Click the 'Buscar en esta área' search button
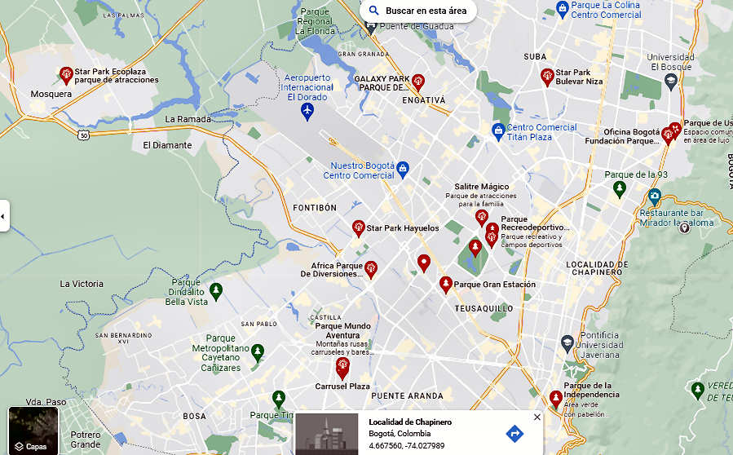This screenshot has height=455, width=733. (x=417, y=11)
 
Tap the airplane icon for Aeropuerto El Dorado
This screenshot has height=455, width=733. (x=307, y=110)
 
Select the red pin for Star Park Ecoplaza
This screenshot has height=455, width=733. (x=66, y=76)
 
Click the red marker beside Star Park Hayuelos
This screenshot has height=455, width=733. (x=358, y=227)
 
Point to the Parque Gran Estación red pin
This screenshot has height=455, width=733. (x=445, y=284)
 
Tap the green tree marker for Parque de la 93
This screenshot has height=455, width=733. (x=620, y=189)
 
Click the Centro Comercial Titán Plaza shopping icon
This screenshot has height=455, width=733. (x=498, y=130)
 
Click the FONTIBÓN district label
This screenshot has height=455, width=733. (x=315, y=208)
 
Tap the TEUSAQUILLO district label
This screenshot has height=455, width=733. (x=484, y=308)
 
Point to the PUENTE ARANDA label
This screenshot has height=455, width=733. (x=407, y=395)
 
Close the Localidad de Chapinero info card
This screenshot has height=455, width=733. (x=537, y=417)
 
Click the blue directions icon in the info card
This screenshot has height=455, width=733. (x=514, y=433)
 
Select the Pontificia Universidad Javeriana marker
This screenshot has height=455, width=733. (x=567, y=343)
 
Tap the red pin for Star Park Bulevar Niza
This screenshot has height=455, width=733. (x=547, y=77)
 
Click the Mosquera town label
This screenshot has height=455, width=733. (x=51, y=94)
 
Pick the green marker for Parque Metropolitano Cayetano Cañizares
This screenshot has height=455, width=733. (x=258, y=352)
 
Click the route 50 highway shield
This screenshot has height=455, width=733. (x=83, y=135)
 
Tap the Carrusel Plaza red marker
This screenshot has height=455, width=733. (x=342, y=368)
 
